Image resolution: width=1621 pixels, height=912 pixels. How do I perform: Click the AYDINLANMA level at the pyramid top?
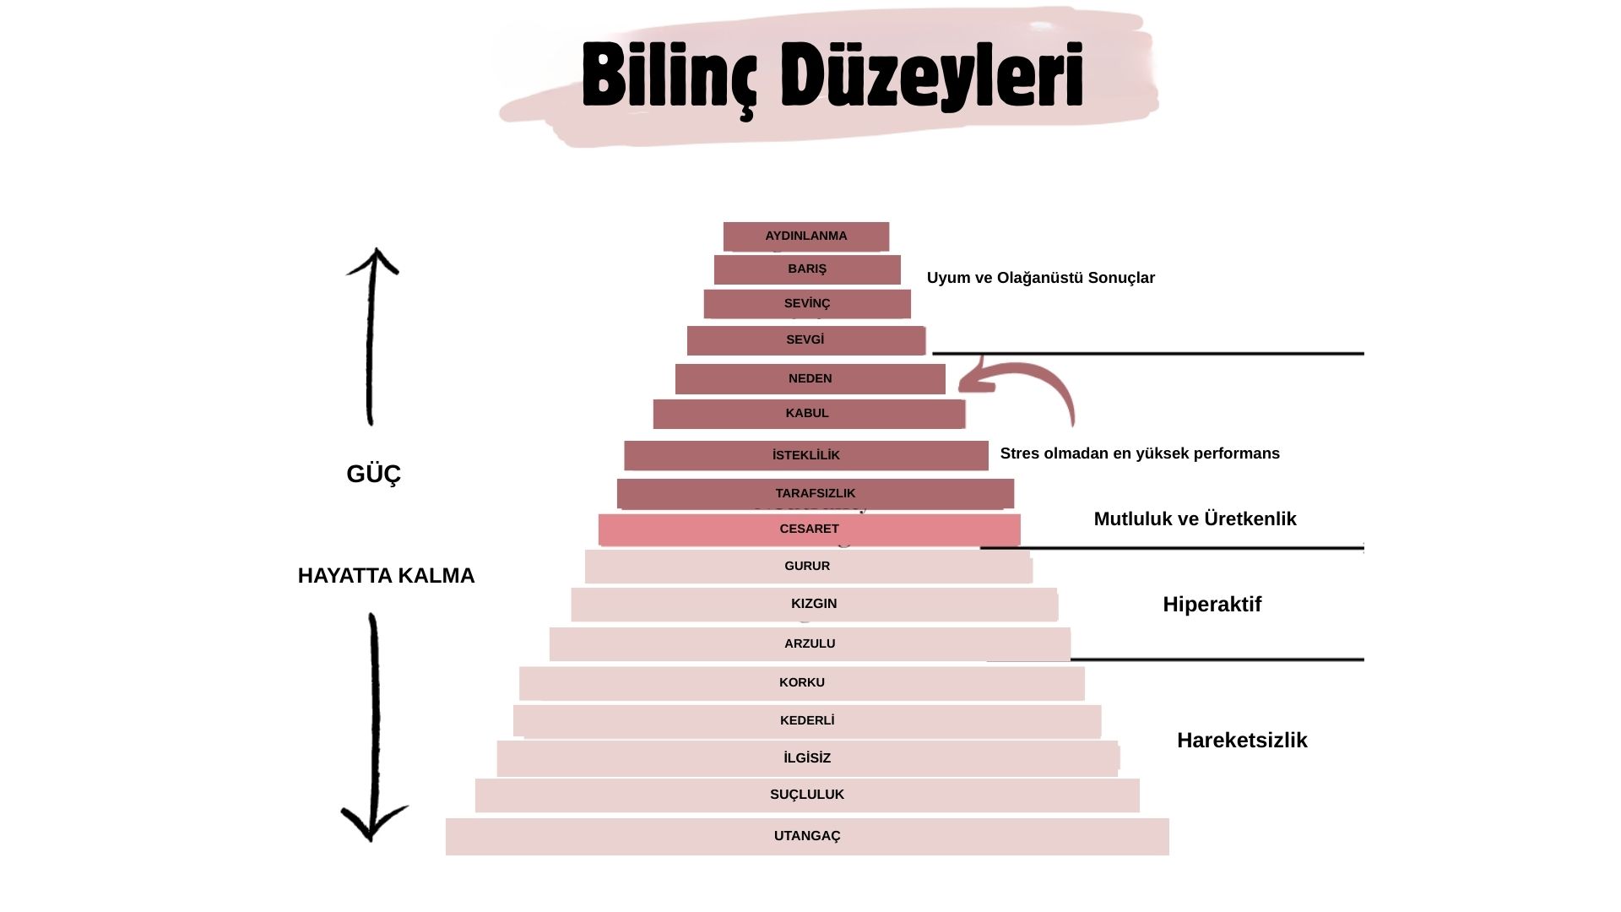click(806, 236)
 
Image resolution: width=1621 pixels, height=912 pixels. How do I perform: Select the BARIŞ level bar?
click(807, 269)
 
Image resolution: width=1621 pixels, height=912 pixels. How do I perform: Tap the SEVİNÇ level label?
click(807, 303)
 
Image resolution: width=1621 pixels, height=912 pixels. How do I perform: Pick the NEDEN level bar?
click(810, 379)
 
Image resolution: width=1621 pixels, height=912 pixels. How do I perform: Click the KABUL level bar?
click(808, 414)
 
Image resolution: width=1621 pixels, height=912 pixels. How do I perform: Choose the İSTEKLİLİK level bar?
click(806, 455)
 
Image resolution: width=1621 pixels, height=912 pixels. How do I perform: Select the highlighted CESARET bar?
click(809, 529)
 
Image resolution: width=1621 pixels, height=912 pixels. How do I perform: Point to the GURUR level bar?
click(807, 567)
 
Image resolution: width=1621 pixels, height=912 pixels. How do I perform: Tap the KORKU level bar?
click(801, 683)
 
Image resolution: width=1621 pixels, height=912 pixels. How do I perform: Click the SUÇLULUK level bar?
click(807, 795)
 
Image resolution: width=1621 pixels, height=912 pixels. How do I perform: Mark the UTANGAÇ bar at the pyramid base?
click(807, 837)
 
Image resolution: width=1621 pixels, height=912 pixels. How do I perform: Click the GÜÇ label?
click(373, 475)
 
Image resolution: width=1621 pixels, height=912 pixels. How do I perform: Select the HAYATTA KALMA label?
click(386, 576)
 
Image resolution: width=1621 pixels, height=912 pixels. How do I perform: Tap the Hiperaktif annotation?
click(1212, 605)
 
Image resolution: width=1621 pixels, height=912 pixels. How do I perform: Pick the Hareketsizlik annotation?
click(1242, 741)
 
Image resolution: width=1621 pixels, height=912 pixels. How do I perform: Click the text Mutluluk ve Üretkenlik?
click(1195, 519)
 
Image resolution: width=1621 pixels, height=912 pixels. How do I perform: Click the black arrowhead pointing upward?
click(373, 262)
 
